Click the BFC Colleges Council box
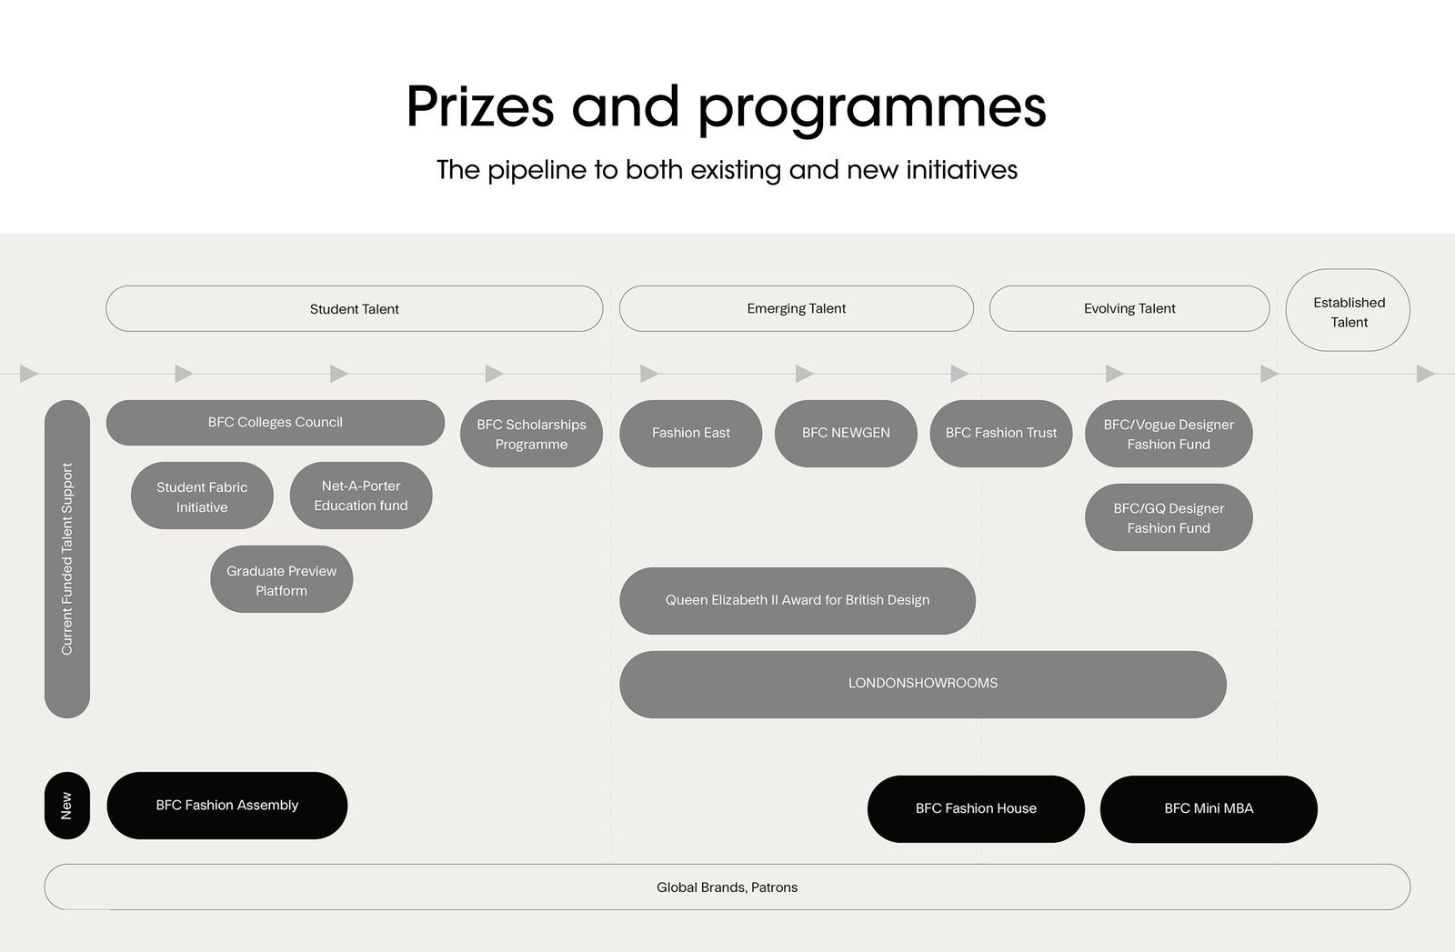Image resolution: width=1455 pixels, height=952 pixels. (276, 423)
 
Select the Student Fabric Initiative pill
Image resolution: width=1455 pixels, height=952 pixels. (202, 496)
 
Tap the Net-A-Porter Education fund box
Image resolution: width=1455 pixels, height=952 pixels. (361, 496)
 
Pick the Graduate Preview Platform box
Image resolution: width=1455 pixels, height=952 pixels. (281, 579)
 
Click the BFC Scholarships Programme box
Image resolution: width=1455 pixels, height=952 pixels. (531, 434)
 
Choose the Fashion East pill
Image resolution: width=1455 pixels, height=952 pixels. (690, 434)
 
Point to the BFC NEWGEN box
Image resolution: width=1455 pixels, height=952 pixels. (846, 434)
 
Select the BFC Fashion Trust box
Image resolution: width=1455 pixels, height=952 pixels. (1001, 434)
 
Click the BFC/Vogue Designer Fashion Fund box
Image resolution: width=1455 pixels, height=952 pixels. (1169, 434)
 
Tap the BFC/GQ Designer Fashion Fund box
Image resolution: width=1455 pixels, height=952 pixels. (1169, 517)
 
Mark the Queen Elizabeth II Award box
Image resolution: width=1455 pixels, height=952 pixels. (798, 601)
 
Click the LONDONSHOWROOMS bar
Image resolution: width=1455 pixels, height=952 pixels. (923, 685)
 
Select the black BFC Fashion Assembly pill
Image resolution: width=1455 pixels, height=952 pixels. (226, 806)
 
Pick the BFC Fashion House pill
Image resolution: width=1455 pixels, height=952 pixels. (976, 809)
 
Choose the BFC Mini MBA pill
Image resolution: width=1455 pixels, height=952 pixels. (1209, 809)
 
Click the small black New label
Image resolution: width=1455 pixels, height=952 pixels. (67, 806)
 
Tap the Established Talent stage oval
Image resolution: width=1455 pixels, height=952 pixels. (1348, 310)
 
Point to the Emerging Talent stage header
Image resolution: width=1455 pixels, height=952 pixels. (797, 308)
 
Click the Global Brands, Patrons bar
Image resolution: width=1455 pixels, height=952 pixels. (727, 887)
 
